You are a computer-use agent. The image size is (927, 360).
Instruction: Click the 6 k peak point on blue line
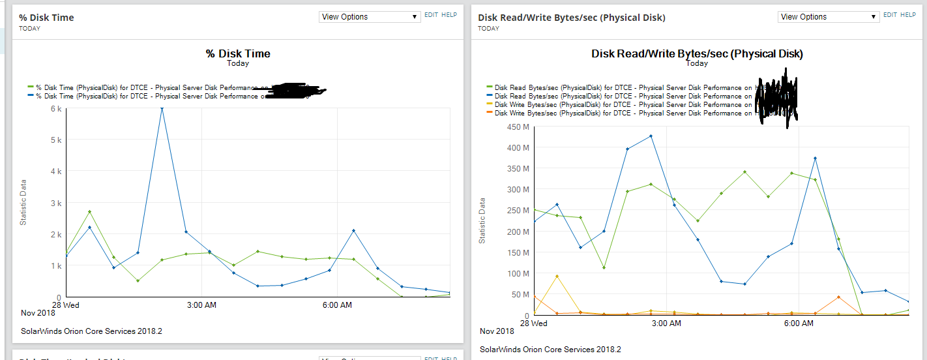[162, 109]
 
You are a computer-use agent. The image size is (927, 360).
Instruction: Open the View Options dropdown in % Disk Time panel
[370, 17]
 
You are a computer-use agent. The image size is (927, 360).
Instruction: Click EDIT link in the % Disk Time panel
[432, 14]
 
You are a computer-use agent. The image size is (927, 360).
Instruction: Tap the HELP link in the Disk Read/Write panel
[908, 14]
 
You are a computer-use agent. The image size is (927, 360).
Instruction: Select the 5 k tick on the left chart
[56, 140]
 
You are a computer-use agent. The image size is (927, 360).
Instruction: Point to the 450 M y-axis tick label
[518, 127]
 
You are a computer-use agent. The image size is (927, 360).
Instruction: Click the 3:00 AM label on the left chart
[201, 305]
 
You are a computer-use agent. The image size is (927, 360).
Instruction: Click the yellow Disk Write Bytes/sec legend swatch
[490, 104]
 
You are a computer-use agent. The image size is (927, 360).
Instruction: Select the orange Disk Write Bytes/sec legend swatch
[490, 113]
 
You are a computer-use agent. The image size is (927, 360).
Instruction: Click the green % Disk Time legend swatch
[31, 87]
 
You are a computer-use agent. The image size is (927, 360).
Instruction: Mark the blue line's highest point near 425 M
[651, 136]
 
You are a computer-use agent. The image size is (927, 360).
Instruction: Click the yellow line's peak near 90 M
[557, 276]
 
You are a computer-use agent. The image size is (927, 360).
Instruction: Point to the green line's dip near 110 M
[604, 268]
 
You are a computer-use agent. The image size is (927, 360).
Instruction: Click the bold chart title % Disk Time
[238, 53]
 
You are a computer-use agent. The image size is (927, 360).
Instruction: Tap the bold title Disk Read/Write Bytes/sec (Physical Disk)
[697, 53]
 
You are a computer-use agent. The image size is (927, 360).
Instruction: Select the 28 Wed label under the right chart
[533, 323]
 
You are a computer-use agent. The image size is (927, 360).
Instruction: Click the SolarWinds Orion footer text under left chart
[91, 331]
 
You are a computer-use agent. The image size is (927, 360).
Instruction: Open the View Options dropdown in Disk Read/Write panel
[829, 17]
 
